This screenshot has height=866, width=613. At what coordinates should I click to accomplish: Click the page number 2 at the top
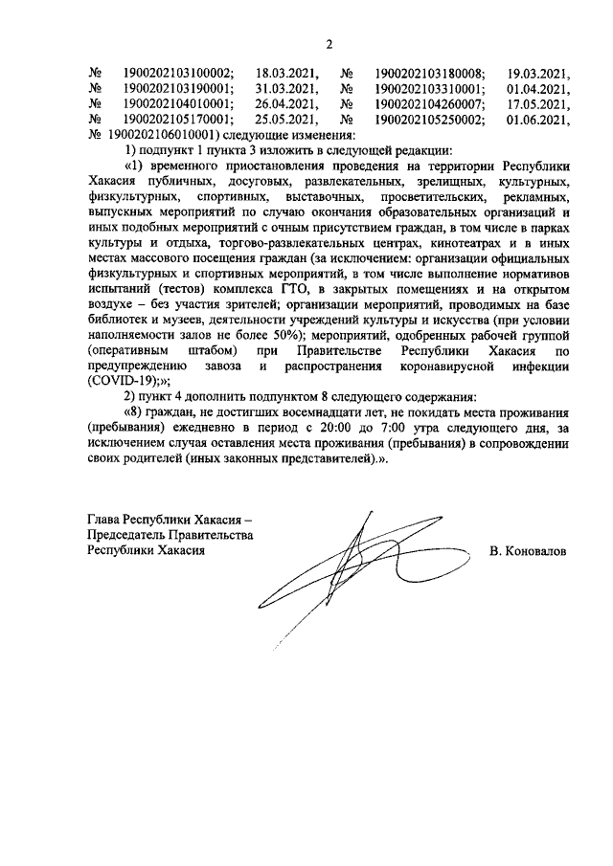point(329,43)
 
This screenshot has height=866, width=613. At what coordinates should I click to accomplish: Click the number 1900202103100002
point(178,72)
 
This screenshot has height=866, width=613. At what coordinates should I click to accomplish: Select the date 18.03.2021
point(285,72)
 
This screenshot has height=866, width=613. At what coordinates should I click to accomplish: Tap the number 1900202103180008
point(429,72)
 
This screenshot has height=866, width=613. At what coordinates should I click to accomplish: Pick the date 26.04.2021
point(285,103)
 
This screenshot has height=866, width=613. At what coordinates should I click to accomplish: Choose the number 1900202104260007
point(429,103)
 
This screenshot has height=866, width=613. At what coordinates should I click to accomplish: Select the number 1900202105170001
point(178,120)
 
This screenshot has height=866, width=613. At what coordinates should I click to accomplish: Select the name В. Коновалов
point(527,552)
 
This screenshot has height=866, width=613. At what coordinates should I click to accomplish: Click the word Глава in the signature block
point(105,520)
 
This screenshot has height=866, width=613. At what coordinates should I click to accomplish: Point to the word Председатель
point(127,536)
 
